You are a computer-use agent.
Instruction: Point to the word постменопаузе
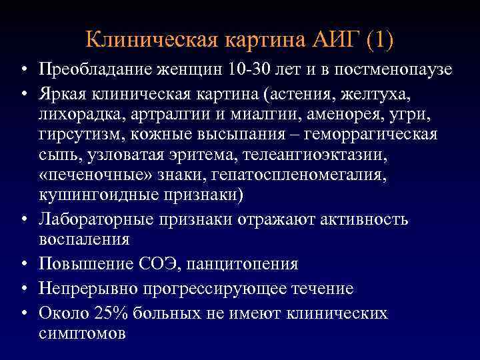coord(393,70)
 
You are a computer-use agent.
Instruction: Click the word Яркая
coord(63,91)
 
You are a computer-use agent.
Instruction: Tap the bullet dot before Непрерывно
coord(23,289)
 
